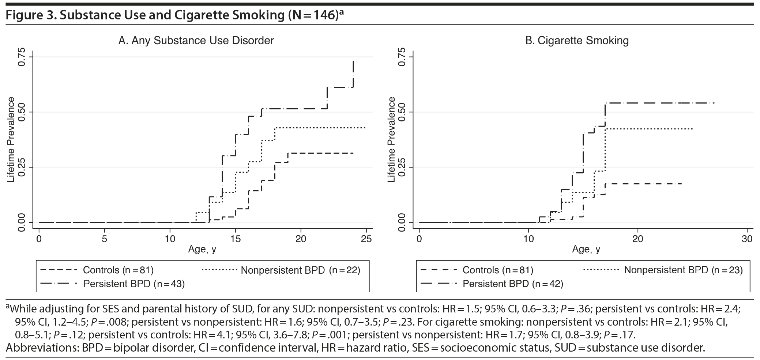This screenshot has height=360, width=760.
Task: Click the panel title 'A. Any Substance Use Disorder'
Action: tap(196, 40)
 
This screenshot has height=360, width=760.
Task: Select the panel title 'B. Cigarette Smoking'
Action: tap(577, 40)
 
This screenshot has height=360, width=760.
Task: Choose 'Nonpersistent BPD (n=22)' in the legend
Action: tap(300, 270)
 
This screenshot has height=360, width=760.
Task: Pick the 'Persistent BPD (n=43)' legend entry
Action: tap(134, 284)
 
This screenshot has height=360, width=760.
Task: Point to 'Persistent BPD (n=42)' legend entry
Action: tap(513, 284)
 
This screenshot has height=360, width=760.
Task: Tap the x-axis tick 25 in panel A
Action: tap(366, 239)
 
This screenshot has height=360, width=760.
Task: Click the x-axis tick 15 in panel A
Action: tap(235, 239)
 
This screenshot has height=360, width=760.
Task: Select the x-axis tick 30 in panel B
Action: tap(747, 239)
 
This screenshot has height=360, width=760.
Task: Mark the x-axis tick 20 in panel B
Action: tap(638, 239)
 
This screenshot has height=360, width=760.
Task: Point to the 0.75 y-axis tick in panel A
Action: tap(22, 57)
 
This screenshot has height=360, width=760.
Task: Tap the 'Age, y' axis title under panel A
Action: tap(202, 250)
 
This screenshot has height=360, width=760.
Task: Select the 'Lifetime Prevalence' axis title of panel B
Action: tap(392, 139)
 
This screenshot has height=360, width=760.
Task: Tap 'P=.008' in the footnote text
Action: tap(108, 322)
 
